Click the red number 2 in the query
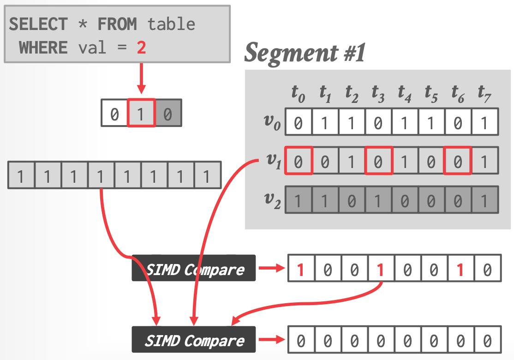pos(141,47)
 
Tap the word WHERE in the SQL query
pos(43,47)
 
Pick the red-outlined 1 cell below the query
pos(141,113)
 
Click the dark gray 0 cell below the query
pos(167,113)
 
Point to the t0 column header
pos(298,93)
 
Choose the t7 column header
pos(484,93)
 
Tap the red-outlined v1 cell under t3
pos(378,161)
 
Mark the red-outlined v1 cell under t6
pos(458,161)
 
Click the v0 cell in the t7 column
pos(484,122)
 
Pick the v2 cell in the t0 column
pos(299,200)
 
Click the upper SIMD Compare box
pos(194,268)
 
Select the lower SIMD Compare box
pos(194,341)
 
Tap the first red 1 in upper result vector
pos(301,268)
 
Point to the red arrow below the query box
pos(141,78)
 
